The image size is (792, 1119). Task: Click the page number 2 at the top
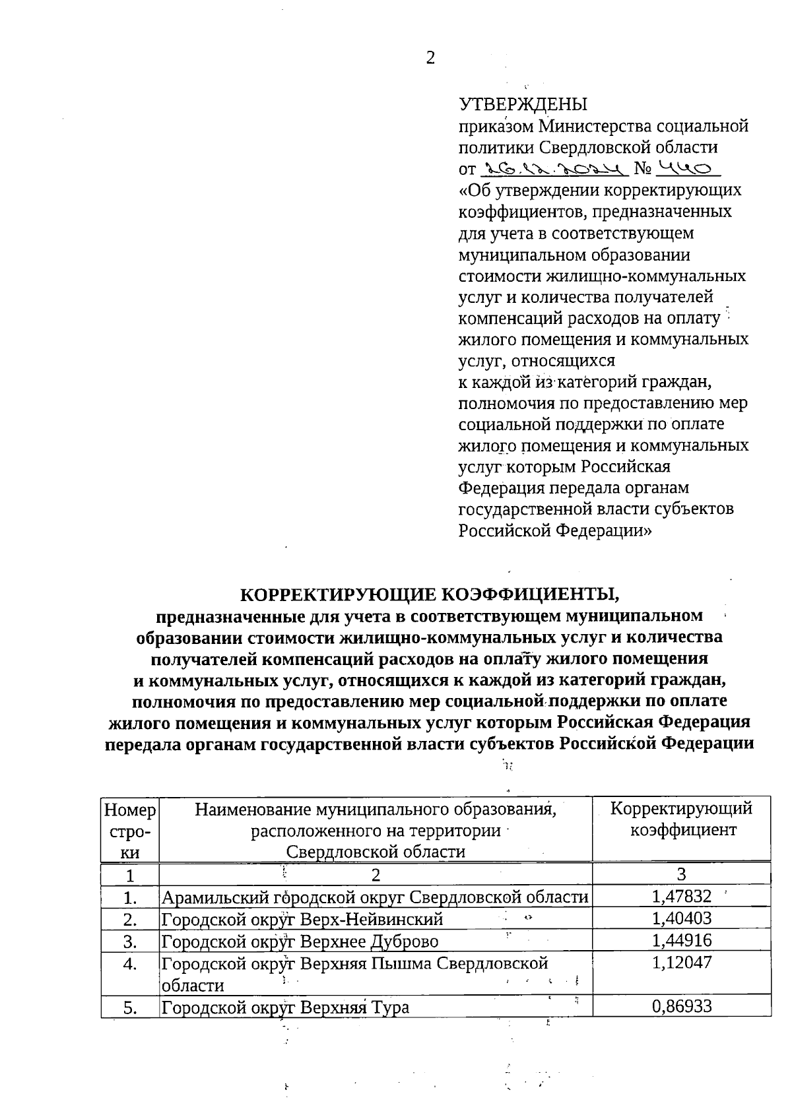tap(430, 58)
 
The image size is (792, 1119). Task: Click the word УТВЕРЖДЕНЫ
tap(523, 105)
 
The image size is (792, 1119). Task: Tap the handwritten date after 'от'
tap(554, 170)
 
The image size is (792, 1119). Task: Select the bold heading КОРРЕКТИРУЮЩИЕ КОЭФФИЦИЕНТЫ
tap(430, 594)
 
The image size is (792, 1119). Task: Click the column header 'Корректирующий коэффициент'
tap(682, 819)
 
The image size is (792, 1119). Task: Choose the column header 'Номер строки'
tap(130, 829)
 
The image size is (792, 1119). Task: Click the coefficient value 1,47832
tap(682, 897)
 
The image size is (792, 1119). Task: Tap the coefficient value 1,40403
tap(682, 918)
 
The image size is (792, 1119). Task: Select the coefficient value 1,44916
tap(682, 940)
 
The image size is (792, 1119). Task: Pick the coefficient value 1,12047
tap(682, 963)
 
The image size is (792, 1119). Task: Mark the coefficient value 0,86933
tap(682, 1006)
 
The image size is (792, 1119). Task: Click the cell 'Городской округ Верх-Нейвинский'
tap(302, 919)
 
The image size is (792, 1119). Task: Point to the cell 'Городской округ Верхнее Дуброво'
tap(300, 941)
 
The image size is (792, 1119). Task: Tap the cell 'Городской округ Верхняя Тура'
tap(285, 1007)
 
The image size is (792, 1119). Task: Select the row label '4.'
tap(130, 963)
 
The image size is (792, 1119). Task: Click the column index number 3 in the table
tap(682, 875)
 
